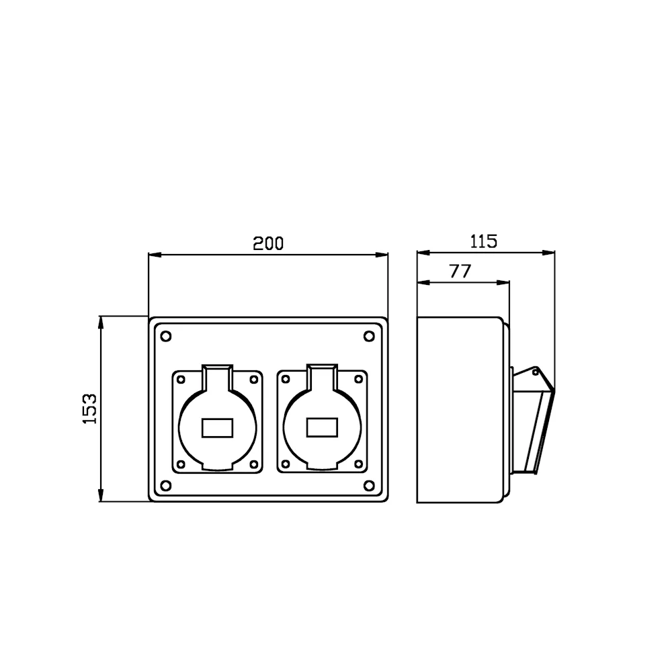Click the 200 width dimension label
(268, 243)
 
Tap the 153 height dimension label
(89, 409)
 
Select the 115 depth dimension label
(483, 241)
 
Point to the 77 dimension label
(460, 271)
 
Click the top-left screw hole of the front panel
(166, 336)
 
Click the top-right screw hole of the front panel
(369, 336)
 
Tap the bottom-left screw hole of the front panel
(166, 486)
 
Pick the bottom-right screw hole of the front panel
(369, 486)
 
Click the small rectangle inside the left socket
(217, 427)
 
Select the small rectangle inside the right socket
(323, 427)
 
